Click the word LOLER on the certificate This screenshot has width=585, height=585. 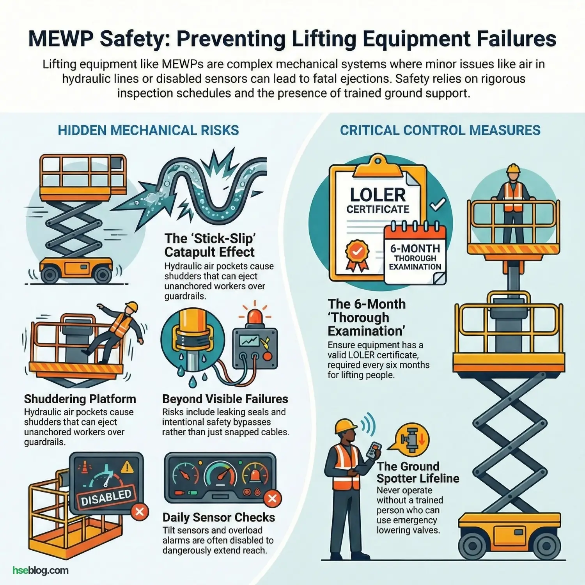pyautogui.click(x=378, y=195)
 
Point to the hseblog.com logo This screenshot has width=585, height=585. pyautogui.click(x=41, y=570)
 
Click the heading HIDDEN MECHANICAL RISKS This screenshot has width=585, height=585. pyautogui.click(x=148, y=130)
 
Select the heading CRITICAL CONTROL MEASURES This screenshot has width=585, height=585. pyautogui.click(x=440, y=130)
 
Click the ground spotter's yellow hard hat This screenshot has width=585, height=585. pyautogui.click(x=345, y=426)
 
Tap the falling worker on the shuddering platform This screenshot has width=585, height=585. pyautogui.click(x=119, y=328)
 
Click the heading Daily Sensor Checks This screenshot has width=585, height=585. pyautogui.click(x=218, y=518)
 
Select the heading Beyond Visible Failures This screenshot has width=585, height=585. pyautogui.click(x=225, y=399)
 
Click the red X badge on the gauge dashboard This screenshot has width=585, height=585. pyautogui.click(x=272, y=498)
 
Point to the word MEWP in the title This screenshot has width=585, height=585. pyautogui.click(x=60, y=39)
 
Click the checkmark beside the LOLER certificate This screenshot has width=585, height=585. pyautogui.click(x=438, y=204)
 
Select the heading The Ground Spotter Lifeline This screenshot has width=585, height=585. pyautogui.click(x=417, y=472)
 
